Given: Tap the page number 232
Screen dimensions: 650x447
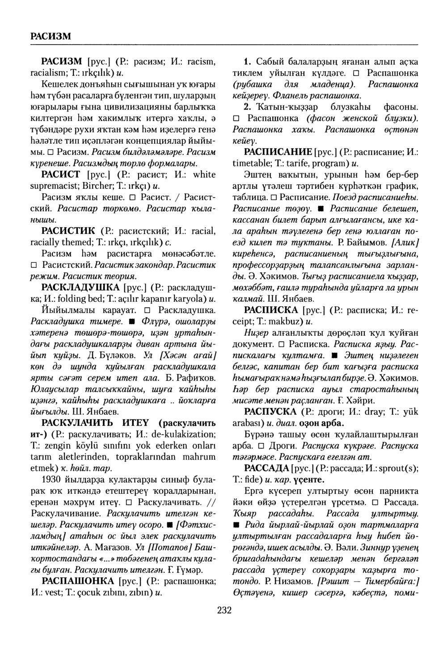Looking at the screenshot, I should click(x=224, y=610).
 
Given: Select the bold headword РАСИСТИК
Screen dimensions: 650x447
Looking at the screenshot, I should click(x=67, y=231).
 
